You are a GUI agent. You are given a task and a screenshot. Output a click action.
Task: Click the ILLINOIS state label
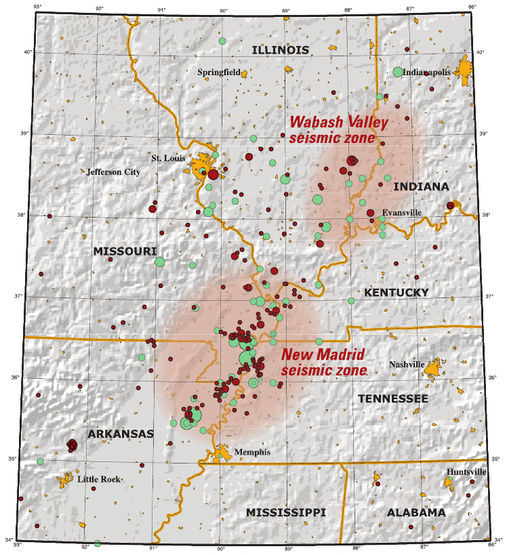(x=280, y=50)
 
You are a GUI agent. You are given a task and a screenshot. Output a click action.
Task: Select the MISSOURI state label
(x=125, y=251)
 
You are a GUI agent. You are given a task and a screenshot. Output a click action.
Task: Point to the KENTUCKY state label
(x=397, y=292)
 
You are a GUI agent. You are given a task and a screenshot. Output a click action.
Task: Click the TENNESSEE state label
(x=393, y=398)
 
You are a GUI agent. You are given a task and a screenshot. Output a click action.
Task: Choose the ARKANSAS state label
(x=121, y=433)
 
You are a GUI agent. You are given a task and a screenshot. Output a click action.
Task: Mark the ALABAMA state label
(x=416, y=512)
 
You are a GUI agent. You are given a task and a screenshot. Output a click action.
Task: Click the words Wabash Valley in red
(x=338, y=123)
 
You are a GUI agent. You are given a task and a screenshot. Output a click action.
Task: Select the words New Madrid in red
(x=323, y=354)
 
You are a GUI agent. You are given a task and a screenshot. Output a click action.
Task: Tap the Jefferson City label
(x=113, y=172)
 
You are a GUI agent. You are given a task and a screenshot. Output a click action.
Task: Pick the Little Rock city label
(x=98, y=479)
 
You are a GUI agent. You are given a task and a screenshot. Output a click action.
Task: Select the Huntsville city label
(x=466, y=472)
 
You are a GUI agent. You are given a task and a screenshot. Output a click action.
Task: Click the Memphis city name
(x=251, y=452)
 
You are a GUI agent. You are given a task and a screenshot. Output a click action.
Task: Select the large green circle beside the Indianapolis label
(x=398, y=72)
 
